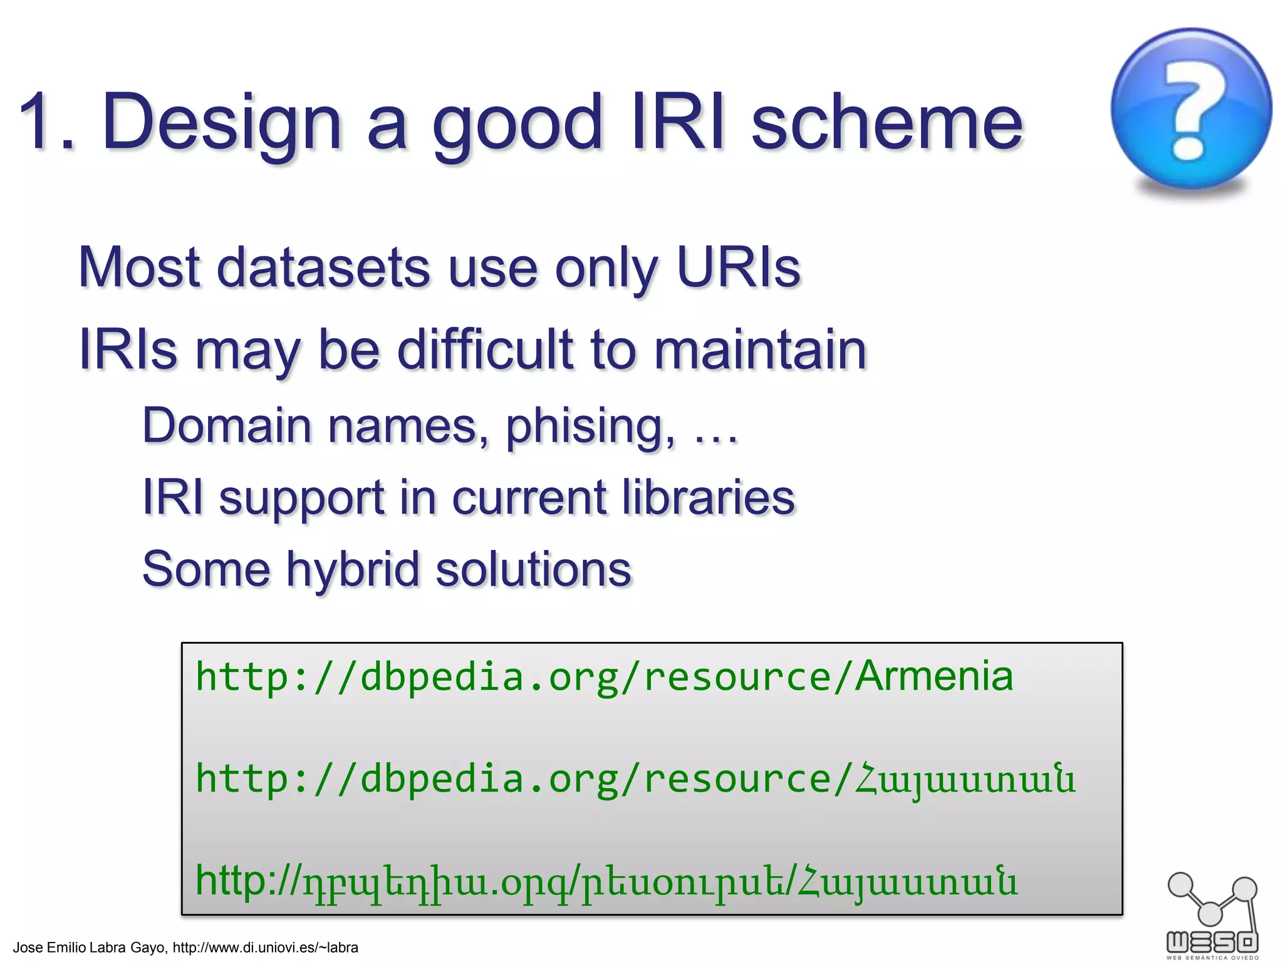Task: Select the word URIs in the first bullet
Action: [739, 268]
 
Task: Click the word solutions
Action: [533, 570]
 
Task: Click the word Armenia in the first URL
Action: [934, 677]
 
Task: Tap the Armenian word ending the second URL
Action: [965, 780]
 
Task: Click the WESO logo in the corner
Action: [1212, 914]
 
